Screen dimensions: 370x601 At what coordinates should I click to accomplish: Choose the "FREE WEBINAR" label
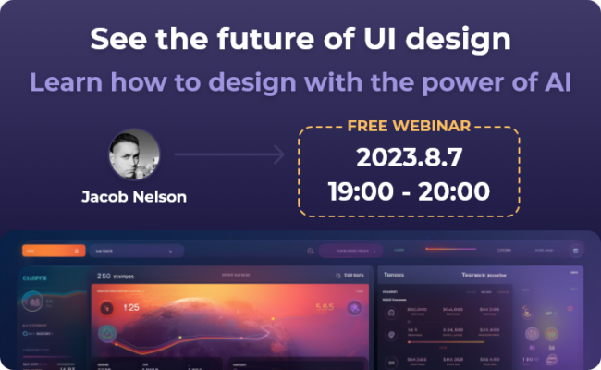[409, 125]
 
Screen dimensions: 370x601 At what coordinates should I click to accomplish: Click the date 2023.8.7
[408, 156]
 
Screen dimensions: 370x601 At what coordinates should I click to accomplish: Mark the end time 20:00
[457, 193]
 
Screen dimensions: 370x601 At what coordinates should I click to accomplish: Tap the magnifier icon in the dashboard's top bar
[310, 251]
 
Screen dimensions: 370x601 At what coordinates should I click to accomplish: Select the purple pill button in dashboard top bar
[351, 251]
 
